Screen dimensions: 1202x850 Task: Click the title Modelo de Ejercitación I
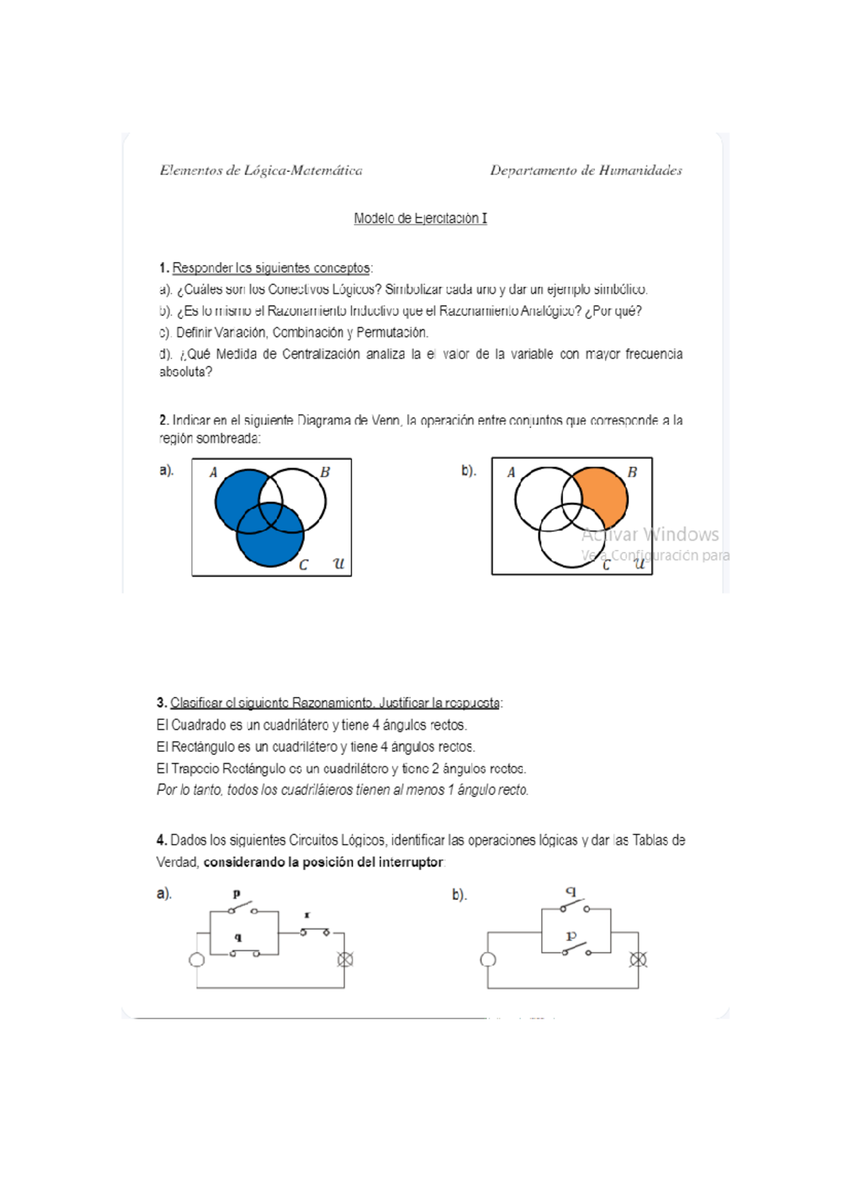point(420,218)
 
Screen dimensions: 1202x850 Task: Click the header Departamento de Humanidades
point(586,170)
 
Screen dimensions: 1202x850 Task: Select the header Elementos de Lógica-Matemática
point(261,170)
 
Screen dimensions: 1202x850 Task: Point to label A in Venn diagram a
point(213,472)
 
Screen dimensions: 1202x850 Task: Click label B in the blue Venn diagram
point(325,472)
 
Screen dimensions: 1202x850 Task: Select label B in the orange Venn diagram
point(632,472)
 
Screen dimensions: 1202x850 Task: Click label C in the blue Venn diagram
point(303,565)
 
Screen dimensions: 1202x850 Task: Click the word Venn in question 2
point(386,420)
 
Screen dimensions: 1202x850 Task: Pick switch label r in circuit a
point(307,915)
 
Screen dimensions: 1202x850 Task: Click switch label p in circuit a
point(237,893)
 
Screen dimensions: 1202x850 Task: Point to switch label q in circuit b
point(571,892)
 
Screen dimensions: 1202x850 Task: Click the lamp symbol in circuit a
point(345,959)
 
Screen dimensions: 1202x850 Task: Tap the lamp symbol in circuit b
point(638,959)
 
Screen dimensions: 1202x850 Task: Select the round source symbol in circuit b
point(487,959)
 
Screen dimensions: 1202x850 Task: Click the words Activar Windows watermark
point(650,534)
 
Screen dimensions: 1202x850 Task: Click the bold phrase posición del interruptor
point(372,862)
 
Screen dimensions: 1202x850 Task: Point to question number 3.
point(161,703)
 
